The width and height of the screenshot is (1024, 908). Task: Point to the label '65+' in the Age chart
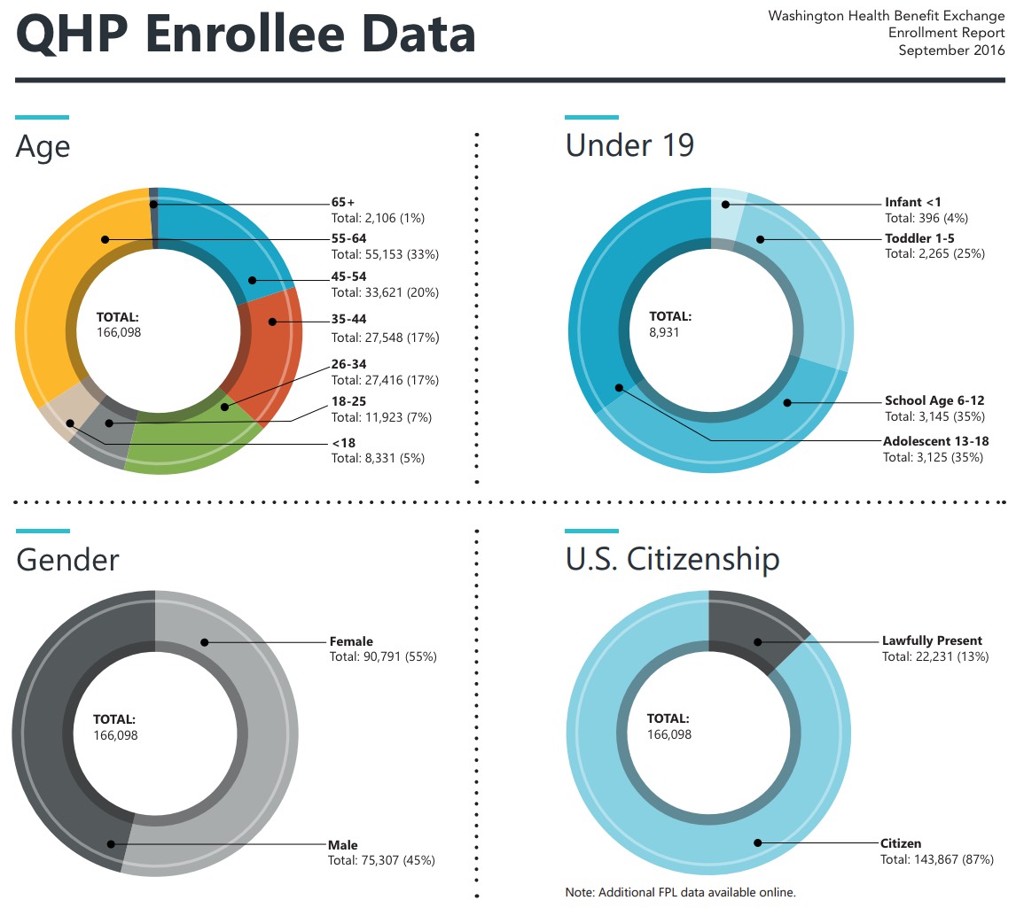click(x=343, y=203)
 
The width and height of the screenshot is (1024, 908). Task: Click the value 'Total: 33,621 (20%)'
click(x=385, y=292)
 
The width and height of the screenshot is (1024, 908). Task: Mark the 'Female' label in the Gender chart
click(x=351, y=641)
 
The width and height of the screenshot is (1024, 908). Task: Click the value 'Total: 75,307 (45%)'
click(x=382, y=860)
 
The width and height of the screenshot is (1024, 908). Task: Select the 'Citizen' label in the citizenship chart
click(x=901, y=843)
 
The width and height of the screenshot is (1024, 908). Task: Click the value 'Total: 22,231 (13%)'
click(x=935, y=656)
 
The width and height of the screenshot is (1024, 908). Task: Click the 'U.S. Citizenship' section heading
click(x=672, y=559)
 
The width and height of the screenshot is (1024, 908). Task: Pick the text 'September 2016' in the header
click(x=951, y=50)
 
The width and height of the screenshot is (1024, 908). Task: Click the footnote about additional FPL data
click(x=681, y=891)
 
